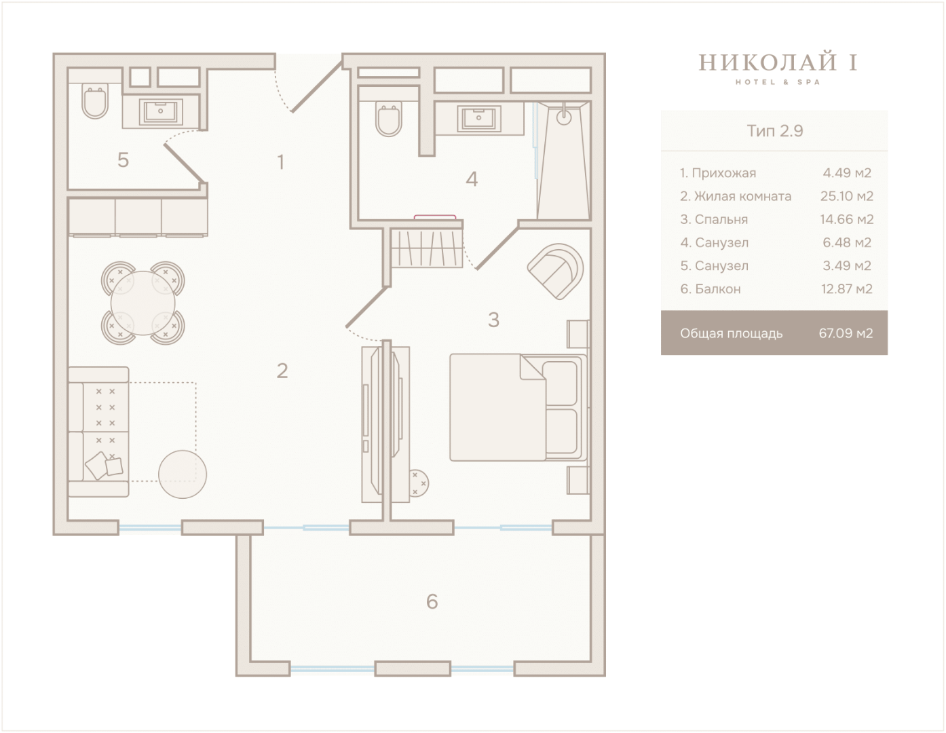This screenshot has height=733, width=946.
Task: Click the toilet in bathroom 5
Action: [x=95, y=101]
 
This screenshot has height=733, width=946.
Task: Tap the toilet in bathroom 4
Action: [x=388, y=119]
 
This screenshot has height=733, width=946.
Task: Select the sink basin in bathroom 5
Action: [x=160, y=112]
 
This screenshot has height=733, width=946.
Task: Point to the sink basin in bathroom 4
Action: [x=479, y=118]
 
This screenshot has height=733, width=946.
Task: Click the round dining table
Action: [x=143, y=303]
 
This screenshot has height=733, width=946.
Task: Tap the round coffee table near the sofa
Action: [x=183, y=474]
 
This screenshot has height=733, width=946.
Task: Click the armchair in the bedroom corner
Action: [x=556, y=271]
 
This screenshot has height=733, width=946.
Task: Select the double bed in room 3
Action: [x=518, y=407]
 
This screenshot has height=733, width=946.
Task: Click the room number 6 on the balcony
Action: [x=432, y=601]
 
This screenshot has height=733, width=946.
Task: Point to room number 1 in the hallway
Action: [x=281, y=162]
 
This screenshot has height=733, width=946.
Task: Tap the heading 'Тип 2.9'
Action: [x=774, y=130]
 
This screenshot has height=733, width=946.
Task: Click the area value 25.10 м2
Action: [x=847, y=196]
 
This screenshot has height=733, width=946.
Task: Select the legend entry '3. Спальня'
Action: [x=714, y=219]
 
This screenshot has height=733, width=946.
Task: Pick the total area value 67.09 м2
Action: [x=846, y=333]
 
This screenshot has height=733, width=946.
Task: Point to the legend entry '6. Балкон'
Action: [x=711, y=288]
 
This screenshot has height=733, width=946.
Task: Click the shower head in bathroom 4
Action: [x=564, y=116]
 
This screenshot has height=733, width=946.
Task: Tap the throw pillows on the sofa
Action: [x=104, y=466]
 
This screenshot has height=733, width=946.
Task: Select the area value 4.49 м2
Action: [x=847, y=173]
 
